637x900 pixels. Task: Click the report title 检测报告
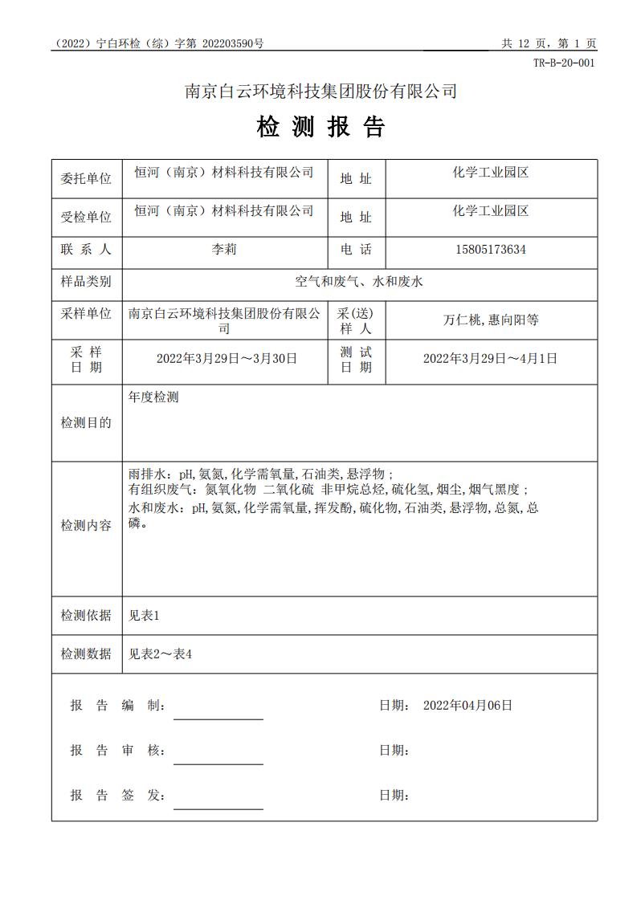pyautogui.click(x=321, y=127)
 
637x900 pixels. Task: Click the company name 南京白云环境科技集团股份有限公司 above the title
pyautogui.click(x=321, y=92)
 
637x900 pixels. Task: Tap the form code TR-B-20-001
pyautogui.click(x=564, y=63)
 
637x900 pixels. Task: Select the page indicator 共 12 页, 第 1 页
pyautogui.click(x=549, y=44)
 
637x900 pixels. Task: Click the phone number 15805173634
pyautogui.click(x=491, y=250)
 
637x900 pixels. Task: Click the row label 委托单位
pyautogui.click(x=86, y=178)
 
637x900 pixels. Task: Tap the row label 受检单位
pyautogui.click(x=86, y=217)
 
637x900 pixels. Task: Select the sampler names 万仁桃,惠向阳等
pyautogui.click(x=491, y=320)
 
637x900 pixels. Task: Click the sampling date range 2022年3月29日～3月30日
pyautogui.click(x=227, y=358)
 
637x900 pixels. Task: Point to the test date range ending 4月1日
pyautogui.click(x=490, y=358)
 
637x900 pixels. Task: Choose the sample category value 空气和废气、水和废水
pyautogui.click(x=359, y=282)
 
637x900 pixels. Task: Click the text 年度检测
pyautogui.click(x=153, y=397)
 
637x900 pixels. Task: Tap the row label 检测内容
pyautogui.click(x=86, y=526)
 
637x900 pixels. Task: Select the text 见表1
pyautogui.click(x=145, y=616)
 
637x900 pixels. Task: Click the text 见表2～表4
pyautogui.click(x=161, y=654)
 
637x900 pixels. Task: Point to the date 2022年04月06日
pyautogui.click(x=467, y=706)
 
